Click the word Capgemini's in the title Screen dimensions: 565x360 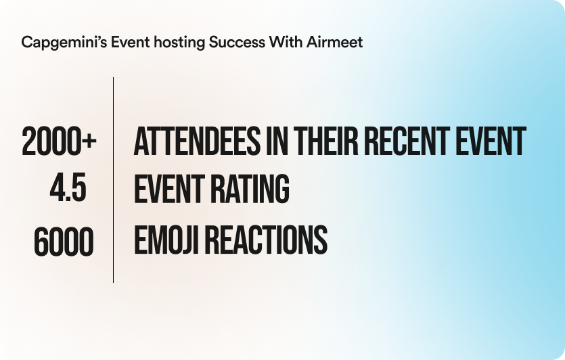click(64, 43)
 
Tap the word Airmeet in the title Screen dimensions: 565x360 click(334, 42)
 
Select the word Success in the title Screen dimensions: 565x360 click(237, 42)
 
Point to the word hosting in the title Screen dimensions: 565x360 click(179, 43)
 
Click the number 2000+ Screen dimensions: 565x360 click(59, 141)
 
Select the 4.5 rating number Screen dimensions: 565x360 click(68, 187)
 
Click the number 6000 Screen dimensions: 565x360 click(64, 242)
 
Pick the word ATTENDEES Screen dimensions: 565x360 click(197, 141)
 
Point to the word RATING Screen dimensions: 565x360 click(250, 189)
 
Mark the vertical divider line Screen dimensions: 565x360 click(113, 180)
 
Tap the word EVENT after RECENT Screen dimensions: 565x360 click(491, 141)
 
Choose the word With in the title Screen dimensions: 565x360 click(286, 42)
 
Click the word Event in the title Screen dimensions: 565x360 click(130, 42)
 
